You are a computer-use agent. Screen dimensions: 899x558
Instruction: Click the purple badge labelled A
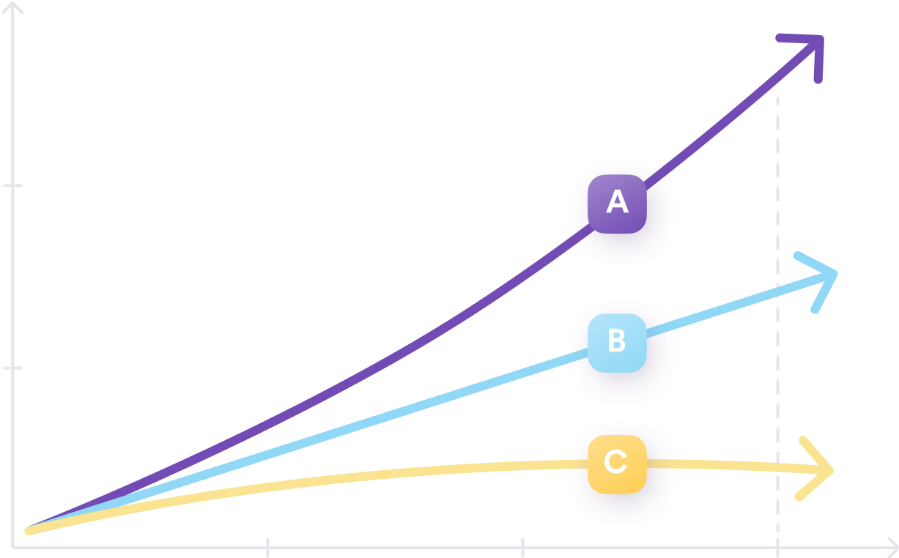click(x=617, y=204)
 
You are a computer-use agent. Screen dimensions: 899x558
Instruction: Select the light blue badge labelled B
click(x=617, y=343)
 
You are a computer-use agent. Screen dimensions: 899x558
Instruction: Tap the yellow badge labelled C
click(x=617, y=464)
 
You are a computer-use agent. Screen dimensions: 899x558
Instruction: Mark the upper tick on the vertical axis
click(x=12, y=185)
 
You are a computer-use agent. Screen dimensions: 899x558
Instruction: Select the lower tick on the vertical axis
click(x=12, y=368)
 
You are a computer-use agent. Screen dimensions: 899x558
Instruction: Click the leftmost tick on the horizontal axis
click(x=267, y=548)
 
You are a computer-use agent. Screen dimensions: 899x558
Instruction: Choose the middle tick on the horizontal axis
click(x=522, y=548)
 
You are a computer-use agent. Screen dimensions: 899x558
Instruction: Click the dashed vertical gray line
click(x=778, y=327)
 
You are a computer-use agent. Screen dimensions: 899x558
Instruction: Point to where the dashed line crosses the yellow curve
click(x=778, y=467)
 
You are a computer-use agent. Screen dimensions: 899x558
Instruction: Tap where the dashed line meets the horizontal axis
click(x=778, y=548)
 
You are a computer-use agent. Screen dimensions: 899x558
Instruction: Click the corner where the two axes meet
click(x=12, y=548)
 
